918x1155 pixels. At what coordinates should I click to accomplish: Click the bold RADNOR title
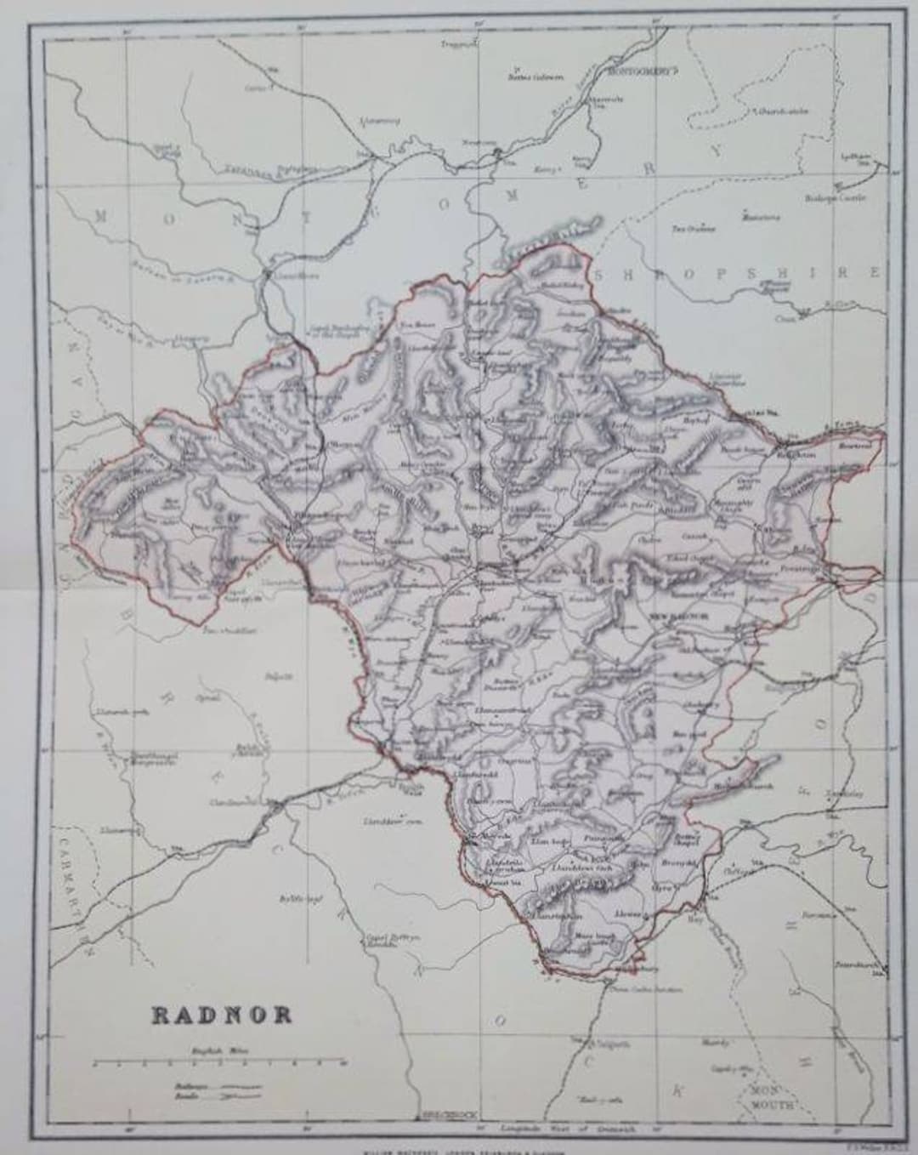pos(222,1015)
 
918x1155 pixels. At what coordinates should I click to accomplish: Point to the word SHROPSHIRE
pos(738,274)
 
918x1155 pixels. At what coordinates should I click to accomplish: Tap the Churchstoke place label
pos(783,111)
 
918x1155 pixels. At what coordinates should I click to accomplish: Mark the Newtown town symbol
pos(498,152)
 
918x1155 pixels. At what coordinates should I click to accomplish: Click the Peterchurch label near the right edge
pos(869,966)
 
